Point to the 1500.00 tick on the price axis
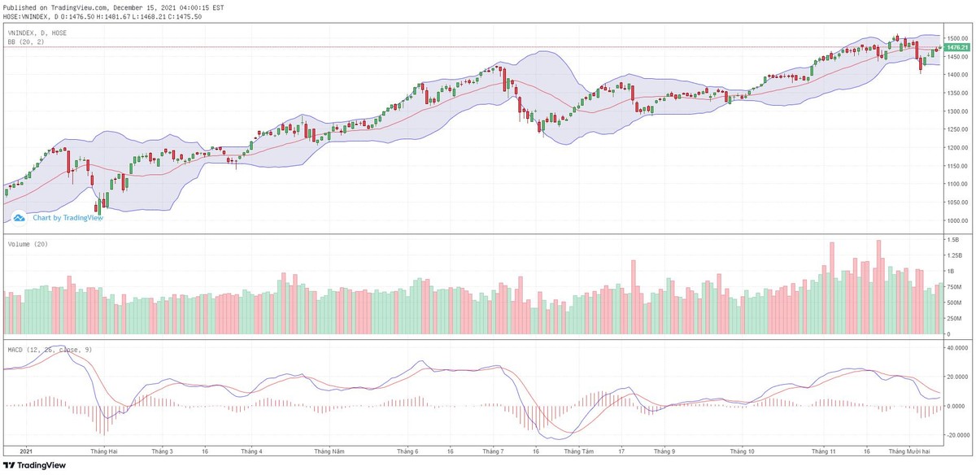coord(957,38)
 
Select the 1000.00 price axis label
coord(957,221)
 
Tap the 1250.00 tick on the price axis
coord(957,129)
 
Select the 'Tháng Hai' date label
coord(104,451)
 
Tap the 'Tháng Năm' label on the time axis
coord(328,451)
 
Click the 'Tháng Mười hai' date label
coord(908,451)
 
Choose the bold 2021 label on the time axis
coord(27,451)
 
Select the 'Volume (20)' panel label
coord(28,244)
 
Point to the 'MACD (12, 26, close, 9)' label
coord(51,350)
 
